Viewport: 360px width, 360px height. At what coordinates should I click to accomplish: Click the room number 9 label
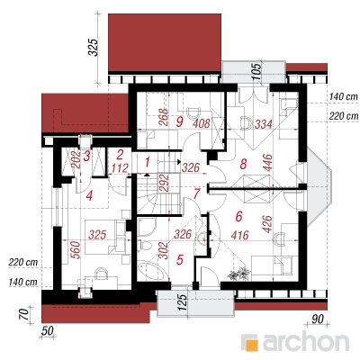pyautogui.click(x=179, y=122)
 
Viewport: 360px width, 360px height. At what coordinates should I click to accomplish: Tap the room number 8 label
pyautogui.click(x=243, y=164)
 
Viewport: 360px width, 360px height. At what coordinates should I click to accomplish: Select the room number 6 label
pyautogui.click(x=238, y=216)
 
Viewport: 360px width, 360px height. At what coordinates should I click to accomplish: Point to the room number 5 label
pyautogui.click(x=180, y=260)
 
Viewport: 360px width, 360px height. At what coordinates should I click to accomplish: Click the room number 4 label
pyautogui.click(x=89, y=196)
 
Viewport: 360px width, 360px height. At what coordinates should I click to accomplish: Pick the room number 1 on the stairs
pyautogui.click(x=147, y=163)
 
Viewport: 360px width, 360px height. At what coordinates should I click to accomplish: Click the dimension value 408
pyautogui.click(x=201, y=123)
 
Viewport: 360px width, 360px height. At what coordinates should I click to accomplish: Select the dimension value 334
pyautogui.click(x=263, y=124)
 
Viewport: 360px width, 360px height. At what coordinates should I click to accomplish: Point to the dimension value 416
pyautogui.click(x=239, y=235)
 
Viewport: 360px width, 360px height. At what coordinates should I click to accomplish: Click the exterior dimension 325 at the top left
pyautogui.click(x=94, y=47)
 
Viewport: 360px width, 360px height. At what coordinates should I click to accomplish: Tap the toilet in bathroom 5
pyautogui.click(x=144, y=247)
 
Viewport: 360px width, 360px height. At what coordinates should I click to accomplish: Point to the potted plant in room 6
pyautogui.click(x=239, y=274)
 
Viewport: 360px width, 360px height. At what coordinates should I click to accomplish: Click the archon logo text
pyautogui.click(x=306, y=341)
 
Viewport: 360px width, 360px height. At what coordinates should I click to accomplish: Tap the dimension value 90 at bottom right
pyautogui.click(x=318, y=319)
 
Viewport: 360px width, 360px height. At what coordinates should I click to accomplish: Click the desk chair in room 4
pyautogui.click(x=102, y=274)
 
